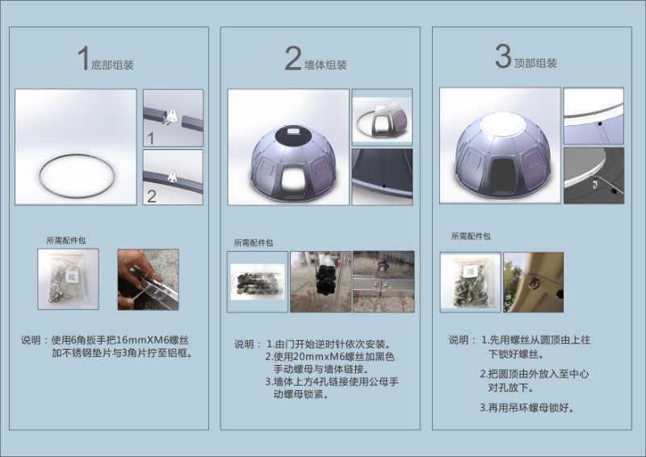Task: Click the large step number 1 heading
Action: [x=84, y=57]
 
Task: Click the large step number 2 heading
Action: [x=293, y=58]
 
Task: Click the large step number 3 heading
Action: [x=503, y=57]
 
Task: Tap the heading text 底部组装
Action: [x=112, y=65]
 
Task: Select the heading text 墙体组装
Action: [x=325, y=65]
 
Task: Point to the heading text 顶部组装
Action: [x=535, y=63]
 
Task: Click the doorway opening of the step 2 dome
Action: [x=293, y=176]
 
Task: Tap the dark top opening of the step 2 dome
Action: [x=293, y=135]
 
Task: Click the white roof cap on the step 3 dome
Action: [x=503, y=124]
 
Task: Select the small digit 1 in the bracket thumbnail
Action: [x=151, y=138]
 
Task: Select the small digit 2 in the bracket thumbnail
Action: [x=152, y=196]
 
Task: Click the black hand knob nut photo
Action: [x=321, y=282]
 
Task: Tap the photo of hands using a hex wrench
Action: [x=149, y=279]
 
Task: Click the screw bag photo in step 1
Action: [x=69, y=279]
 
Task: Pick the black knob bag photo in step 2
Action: [x=258, y=282]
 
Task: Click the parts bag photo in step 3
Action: [x=471, y=283]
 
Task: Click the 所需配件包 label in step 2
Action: [x=254, y=243]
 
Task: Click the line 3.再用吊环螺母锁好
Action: [x=527, y=408]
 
